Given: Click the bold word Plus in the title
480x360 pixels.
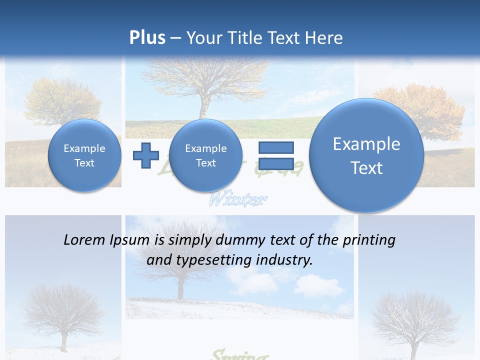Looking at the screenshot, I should coord(147,38).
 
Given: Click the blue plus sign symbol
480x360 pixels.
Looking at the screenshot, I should coord(145,155).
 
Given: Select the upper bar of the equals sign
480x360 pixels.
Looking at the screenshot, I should coord(276,147).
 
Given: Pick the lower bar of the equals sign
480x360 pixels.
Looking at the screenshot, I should coord(276,163).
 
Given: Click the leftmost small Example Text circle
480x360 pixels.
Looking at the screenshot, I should coord(84,155).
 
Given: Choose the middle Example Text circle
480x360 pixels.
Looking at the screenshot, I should coord(205,155).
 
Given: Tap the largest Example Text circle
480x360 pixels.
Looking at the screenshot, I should coord(366,155).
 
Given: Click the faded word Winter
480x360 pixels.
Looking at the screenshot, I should coord(236,200).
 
